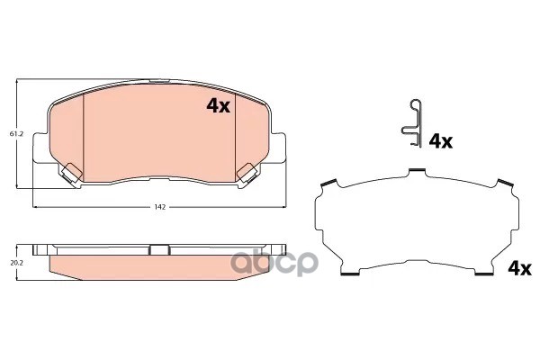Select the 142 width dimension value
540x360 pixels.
click(160, 207)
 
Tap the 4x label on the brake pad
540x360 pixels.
click(219, 106)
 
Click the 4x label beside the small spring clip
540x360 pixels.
click(440, 140)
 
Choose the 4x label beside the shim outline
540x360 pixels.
click(519, 267)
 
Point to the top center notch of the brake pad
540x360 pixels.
click(160, 83)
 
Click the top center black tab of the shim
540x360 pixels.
click(417, 170)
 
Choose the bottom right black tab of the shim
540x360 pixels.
click(486, 272)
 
